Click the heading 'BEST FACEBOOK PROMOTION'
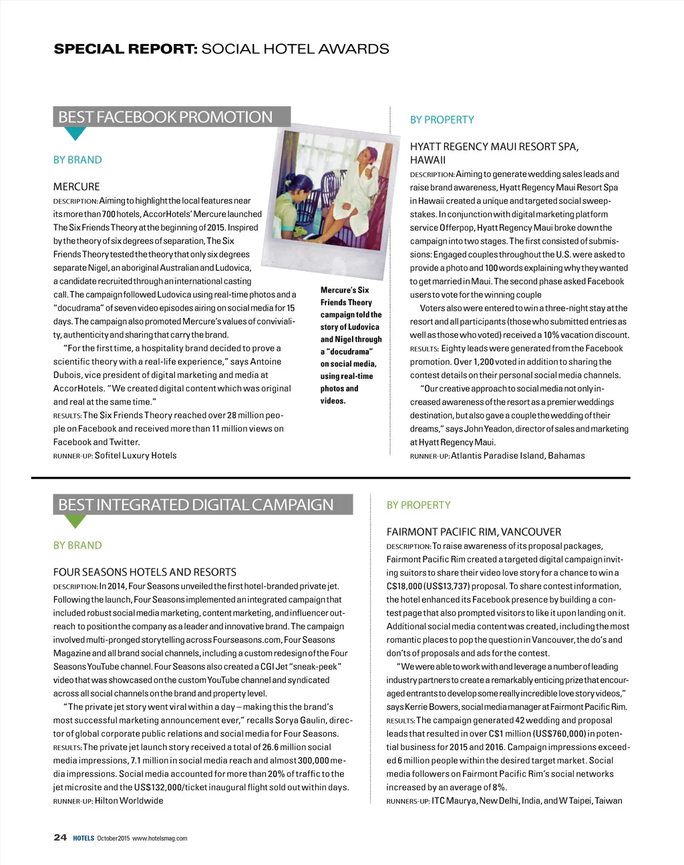coord(166,117)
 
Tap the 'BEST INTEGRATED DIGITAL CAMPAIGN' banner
coord(196,505)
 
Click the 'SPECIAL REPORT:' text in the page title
coord(126,49)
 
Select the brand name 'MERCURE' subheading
coord(77,186)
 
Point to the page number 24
coord(60,838)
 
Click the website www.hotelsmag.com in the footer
coord(160,838)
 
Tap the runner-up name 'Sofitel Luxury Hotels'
coord(136,456)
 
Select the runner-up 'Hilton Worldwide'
coord(129,800)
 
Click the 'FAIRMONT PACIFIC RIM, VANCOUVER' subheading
coord(474,532)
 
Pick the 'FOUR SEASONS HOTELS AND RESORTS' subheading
coord(145,572)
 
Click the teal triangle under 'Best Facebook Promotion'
coord(75,133)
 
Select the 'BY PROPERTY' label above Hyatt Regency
coord(442,120)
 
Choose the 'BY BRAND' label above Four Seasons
coord(77,545)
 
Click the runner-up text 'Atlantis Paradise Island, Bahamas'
coord(518,456)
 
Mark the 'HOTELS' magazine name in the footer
coord(83,838)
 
